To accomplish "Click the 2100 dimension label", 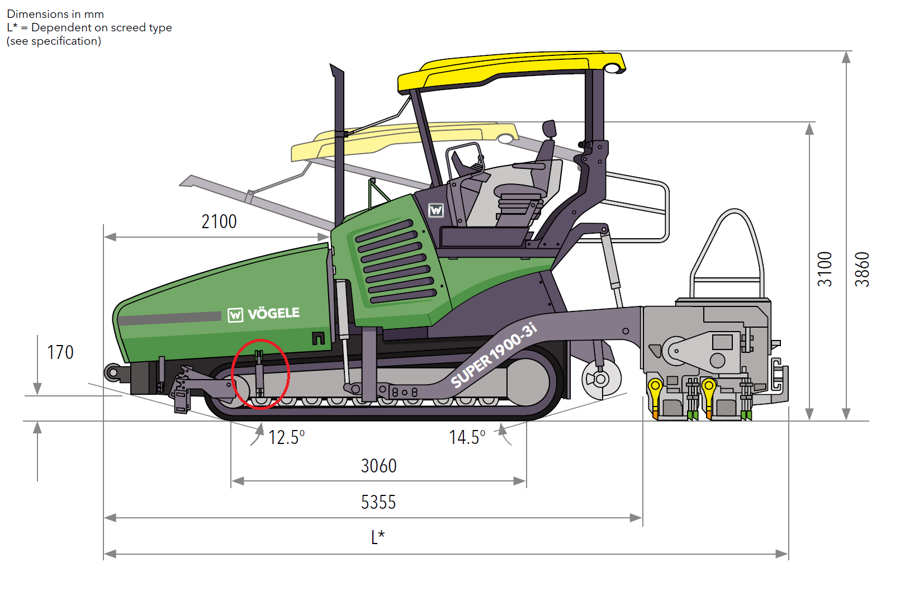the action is [219, 222].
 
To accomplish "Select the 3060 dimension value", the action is [378, 466].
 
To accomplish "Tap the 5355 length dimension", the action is [378, 502].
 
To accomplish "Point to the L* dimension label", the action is [378, 537].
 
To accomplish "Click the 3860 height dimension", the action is [862, 270].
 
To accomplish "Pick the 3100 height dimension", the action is [825, 270].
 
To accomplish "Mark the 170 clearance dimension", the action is [60, 352].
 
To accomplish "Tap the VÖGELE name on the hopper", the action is [273, 314].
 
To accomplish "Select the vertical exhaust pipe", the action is [339, 145].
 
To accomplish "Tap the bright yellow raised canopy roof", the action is [511, 70].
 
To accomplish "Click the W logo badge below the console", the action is [436, 210].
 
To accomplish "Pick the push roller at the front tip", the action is [113, 373].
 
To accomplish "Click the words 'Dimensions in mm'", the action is [55, 14].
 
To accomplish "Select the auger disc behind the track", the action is [601, 379].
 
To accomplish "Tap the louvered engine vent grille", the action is [396, 261].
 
